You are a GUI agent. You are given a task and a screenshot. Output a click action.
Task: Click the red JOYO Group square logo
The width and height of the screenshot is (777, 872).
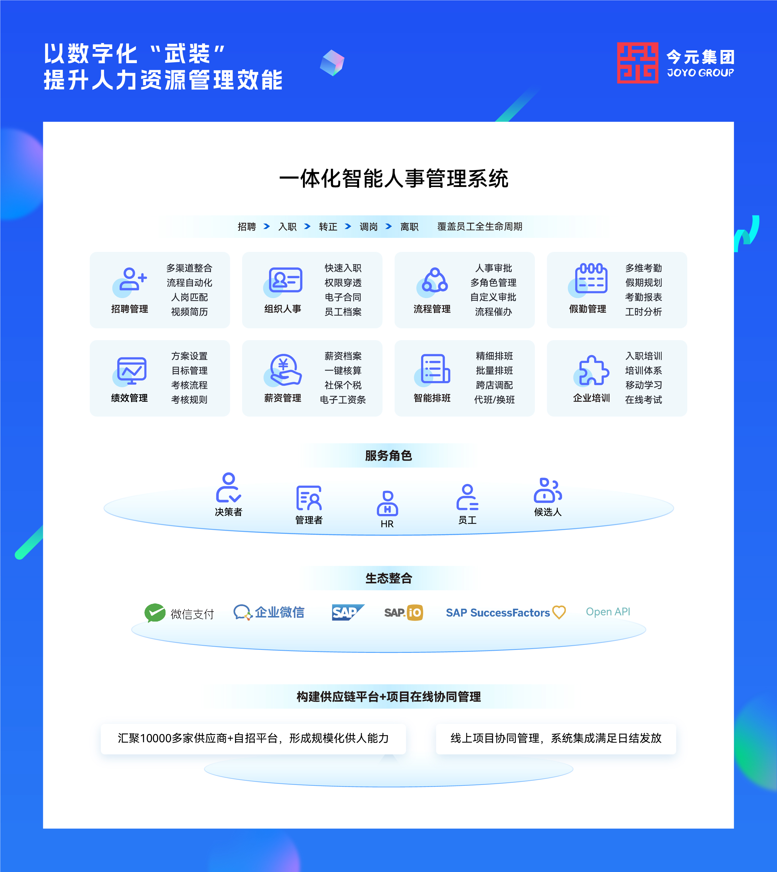pos(638,63)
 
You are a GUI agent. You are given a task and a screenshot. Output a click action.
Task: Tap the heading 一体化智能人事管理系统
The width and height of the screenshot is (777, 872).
pos(394,178)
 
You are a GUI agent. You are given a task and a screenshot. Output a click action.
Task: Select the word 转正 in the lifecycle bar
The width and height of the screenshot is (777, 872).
pos(328,226)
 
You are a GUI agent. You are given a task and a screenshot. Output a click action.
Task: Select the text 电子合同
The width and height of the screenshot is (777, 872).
pos(343,297)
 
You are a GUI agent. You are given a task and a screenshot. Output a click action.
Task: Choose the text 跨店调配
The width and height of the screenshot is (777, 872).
pos(495,385)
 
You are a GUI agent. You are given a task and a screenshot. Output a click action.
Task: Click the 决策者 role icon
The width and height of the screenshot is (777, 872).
pos(228,488)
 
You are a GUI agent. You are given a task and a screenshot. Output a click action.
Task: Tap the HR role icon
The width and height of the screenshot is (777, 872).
pos(387,504)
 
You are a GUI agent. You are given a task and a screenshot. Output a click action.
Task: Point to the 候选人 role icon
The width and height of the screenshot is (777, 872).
pos(548,490)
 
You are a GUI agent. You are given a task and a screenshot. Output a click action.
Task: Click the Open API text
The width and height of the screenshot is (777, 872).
pos(608,612)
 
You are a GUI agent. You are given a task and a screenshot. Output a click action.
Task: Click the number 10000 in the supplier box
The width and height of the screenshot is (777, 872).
pos(156,738)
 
